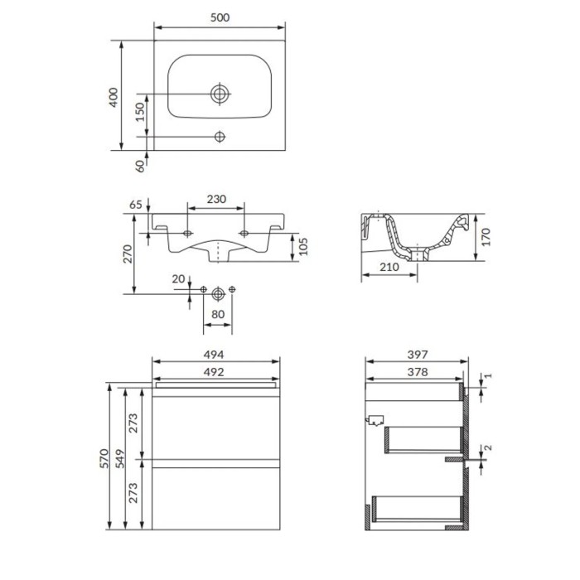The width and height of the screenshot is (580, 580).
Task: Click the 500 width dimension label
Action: click(220, 17)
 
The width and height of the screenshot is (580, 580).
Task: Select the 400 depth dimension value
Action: click(114, 98)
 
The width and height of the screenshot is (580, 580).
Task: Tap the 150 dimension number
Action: click(139, 112)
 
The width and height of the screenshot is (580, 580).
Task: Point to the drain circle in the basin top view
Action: click(220, 94)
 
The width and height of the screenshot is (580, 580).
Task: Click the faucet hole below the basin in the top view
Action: click(220, 137)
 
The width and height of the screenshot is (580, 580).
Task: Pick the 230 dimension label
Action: click(216, 199)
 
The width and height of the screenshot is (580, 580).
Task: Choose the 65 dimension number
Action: click(136, 205)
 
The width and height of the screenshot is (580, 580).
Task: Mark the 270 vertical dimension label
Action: click(128, 254)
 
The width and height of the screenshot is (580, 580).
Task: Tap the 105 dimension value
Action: click(303, 246)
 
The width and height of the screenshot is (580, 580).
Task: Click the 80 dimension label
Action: click(218, 314)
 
